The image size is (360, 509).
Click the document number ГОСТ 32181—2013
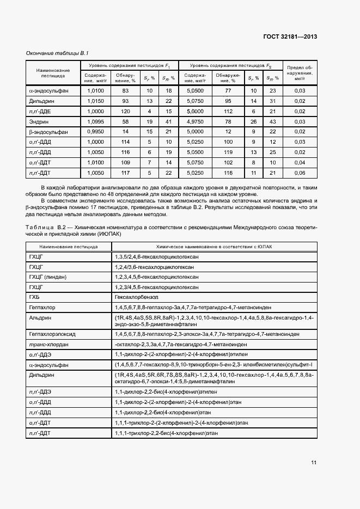(x=290, y=37)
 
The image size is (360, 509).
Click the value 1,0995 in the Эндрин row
(x=95, y=121)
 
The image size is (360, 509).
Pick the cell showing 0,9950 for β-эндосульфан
(x=95, y=132)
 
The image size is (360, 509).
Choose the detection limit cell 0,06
(x=300, y=173)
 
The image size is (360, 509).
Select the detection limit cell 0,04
(x=300, y=162)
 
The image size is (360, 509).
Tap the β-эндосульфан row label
(x=48, y=132)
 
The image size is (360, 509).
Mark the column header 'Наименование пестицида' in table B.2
(x=68, y=246)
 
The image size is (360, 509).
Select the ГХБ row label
(x=35, y=297)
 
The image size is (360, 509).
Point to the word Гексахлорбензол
(x=136, y=297)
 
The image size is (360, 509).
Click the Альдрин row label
(x=41, y=317)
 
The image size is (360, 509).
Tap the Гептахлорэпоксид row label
(x=53, y=333)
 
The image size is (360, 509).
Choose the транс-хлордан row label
(x=47, y=344)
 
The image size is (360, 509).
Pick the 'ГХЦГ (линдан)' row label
(x=48, y=277)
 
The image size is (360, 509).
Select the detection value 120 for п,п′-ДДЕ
(x=125, y=111)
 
